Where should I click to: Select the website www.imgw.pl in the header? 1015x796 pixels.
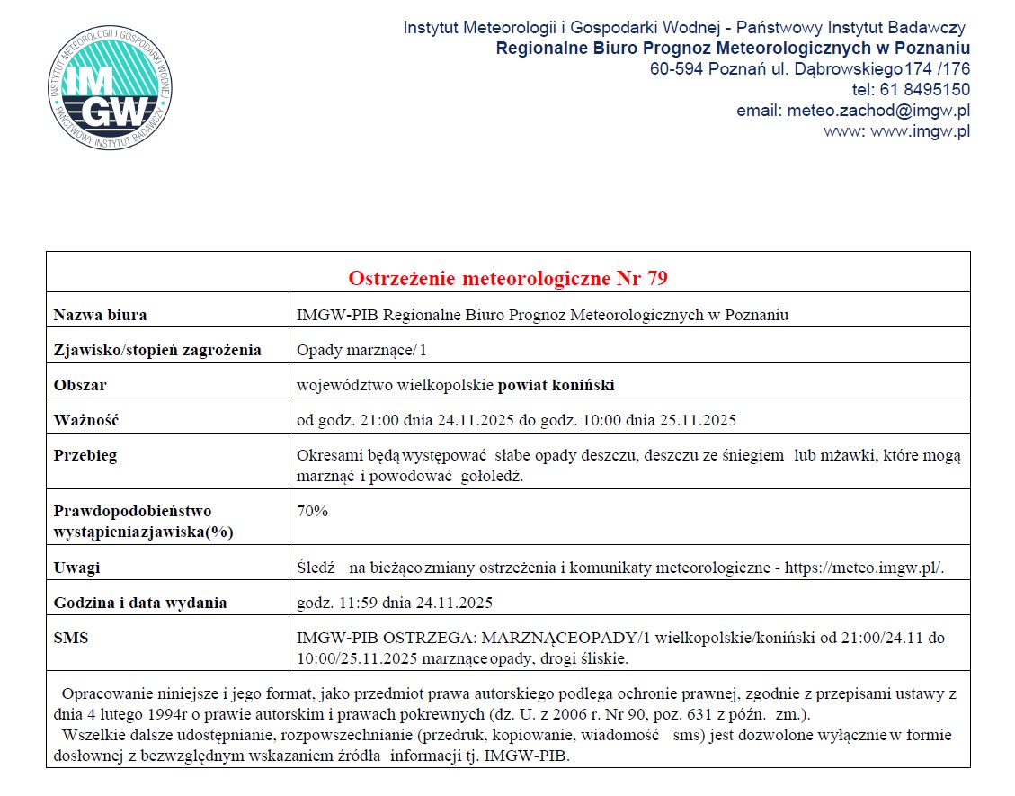[x=921, y=131]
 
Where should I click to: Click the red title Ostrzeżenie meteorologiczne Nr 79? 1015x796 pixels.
[x=508, y=278]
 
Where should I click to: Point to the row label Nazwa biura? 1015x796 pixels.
[x=100, y=315]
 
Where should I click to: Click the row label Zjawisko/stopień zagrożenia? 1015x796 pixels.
[x=157, y=350]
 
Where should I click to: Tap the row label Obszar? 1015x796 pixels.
[x=80, y=385]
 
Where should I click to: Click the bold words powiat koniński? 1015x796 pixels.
[x=556, y=385]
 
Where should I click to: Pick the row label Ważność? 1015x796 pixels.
[x=86, y=420]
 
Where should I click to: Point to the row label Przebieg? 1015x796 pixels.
[x=85, y=455]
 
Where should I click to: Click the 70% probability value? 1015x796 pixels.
[x=312, y=511]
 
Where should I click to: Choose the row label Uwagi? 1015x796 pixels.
[x=76, y=568]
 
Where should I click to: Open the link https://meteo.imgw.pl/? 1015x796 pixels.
[x=864, y=568]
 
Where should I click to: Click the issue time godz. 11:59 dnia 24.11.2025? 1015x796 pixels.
[x=395, y=603]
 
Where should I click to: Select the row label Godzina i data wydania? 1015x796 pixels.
[x=140, y=603]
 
